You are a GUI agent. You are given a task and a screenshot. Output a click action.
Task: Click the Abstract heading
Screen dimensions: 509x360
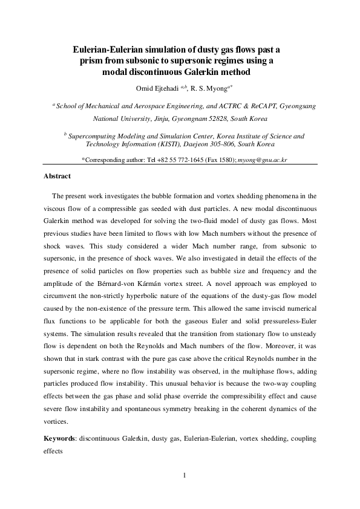pos(57,177)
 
